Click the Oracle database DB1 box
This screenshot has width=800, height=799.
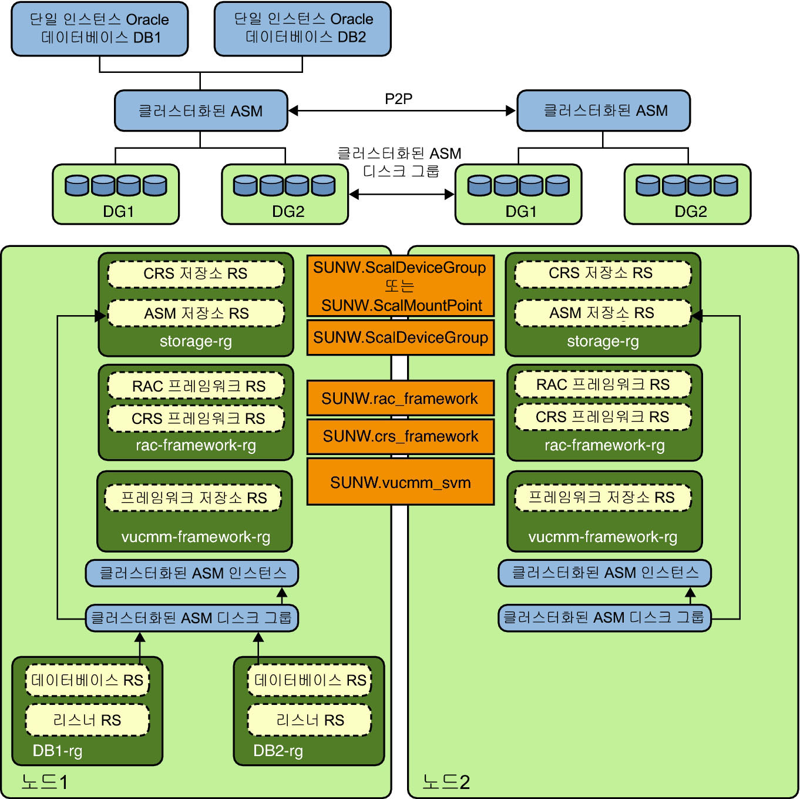pyautogui.click(x=99, y=29)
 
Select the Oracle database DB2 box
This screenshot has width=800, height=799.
pyautogui.click(x=302, y=29)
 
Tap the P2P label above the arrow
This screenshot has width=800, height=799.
pyautogui.click(x=398, y=99)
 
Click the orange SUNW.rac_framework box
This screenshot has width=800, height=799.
pyautogui.click(x=400, y=399)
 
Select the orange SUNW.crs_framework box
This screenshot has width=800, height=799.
pyautogui.click(x=400, y=436)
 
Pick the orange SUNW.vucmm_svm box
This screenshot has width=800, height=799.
pyautogui.click(x=400, y=482)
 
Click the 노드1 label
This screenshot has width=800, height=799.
pyautogui.click(x=45, y=781)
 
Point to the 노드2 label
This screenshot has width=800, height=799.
pyautogui.click(x=446, y=781)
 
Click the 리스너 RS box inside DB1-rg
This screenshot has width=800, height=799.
pyautogui.click(x=87, y=720)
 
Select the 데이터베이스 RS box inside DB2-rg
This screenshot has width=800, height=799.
pyautogui.click(x=310, y=680)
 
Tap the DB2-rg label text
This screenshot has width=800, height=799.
pyautogui.click(x=278, y=751)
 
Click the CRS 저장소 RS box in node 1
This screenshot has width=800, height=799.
pyautogui.click(x=196, y=274)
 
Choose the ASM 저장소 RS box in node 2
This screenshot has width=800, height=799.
pyautogui.click(x=602, y=313)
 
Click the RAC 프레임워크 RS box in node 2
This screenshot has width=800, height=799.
pyautogui.click(x=603, y=385)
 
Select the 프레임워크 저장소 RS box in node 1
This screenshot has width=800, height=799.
pyautogui.click(x=193, y=498)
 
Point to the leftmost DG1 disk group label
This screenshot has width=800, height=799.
pyautogui.click(x=118, y=212)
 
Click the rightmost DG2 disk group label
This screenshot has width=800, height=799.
pyautogui.click(x=690, y=212)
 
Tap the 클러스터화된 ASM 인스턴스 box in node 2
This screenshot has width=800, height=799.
pyautogui.click(x=604, y=573)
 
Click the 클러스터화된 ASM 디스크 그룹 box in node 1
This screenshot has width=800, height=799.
pyautogui.click(x=191, y=618)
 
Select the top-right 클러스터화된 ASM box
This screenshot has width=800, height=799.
pyautogui.click(x=603, y=111)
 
